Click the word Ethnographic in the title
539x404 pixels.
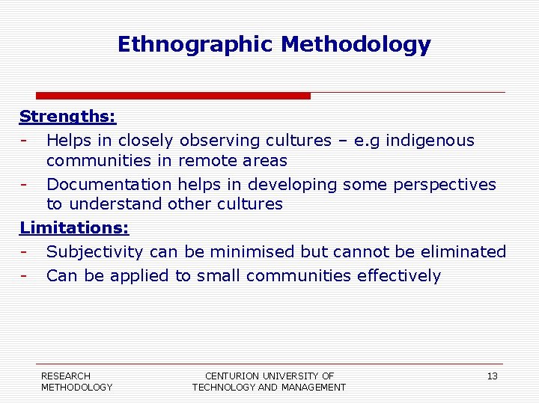195,45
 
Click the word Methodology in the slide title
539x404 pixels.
356,45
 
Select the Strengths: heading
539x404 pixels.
67,117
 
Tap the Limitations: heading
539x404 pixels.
74,227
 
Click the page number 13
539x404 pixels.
492,376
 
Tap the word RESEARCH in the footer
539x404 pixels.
66,376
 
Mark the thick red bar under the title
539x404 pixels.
173,96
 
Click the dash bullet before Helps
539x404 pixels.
25,141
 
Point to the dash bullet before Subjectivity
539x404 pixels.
25,252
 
